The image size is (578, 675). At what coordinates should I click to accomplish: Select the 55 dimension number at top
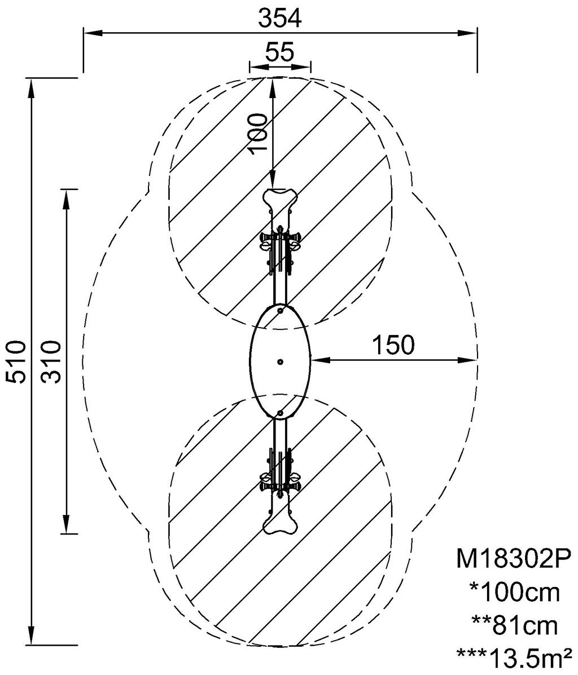click(x=280, y=52)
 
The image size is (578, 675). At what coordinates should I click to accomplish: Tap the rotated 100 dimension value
click(x=259, y=133)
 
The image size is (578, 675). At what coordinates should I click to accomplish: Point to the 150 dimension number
click(x=393, y=345)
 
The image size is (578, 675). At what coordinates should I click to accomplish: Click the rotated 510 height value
click(x=16, y=361)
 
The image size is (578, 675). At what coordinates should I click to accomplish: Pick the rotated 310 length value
click(x=52, y=361)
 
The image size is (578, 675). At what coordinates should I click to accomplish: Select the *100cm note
click(x=514, y=593)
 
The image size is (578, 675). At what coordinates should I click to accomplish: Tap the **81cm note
click(x=514, y=625)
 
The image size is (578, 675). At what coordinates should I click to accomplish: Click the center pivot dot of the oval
click(x=281, y=361)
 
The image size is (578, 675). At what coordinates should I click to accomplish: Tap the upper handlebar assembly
click(x=279, y=241)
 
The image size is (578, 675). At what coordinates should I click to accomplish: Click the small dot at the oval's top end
click(x=281, y=310)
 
